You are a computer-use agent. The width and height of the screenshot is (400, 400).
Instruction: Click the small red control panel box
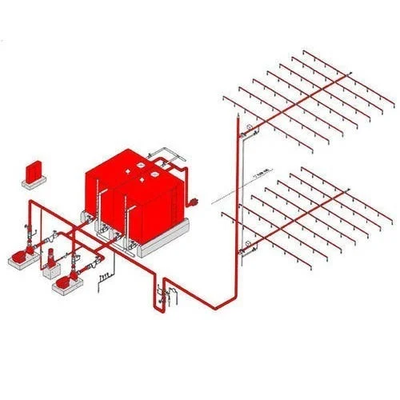point(34,170)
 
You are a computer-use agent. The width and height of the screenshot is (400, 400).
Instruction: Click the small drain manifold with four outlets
point(102,277)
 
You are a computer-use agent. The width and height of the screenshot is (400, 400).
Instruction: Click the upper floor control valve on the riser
point(249,130)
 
